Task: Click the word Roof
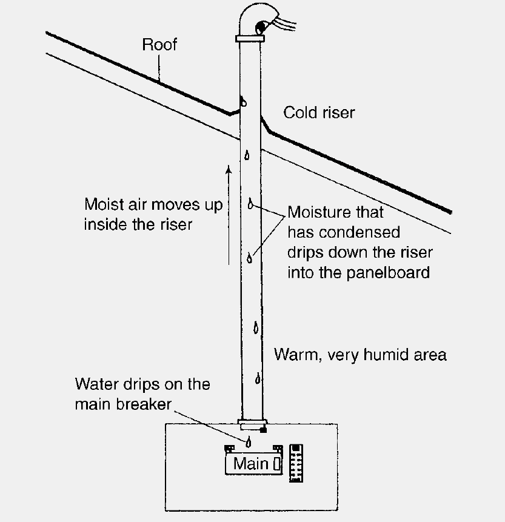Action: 159,45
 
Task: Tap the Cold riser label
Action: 319,113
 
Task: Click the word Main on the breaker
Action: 250,464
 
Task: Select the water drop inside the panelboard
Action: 248,441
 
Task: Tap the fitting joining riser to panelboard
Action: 251,422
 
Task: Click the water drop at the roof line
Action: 243,101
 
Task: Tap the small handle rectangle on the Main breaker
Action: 276,464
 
